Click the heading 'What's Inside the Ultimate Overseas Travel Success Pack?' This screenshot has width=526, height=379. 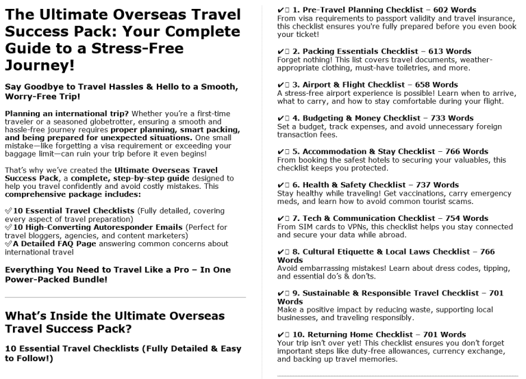[x=115, y=322]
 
